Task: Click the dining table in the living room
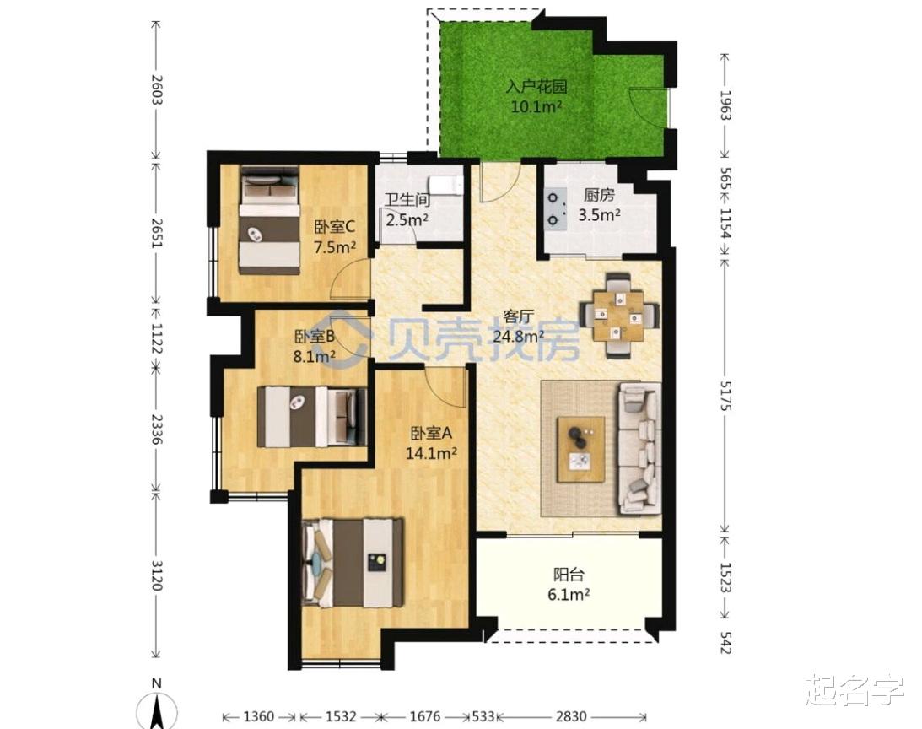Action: click(x=618, y=316)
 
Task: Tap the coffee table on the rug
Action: click(x=581, y=450)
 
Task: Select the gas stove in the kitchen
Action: click(x=555, y=209)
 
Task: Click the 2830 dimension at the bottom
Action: click(x=572, y=716)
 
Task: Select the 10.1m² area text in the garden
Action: click(x=536, y=107)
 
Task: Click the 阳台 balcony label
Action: click(x=569, y=574)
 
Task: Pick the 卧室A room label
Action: click(x=431, y=434)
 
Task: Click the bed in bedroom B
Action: click(x=312, y=416)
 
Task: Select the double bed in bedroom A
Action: click(x=353, y=563)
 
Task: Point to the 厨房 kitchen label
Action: click(x=599, y=194)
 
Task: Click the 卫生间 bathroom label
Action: click(x=407, y=200)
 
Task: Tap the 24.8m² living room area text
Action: click(x=519, y=337)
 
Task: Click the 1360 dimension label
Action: click(x=259, y=716)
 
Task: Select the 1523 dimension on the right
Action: click(x=725, y=577)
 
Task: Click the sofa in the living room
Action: click(x=639, y=448)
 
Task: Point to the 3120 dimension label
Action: click(x=156, y=575)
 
